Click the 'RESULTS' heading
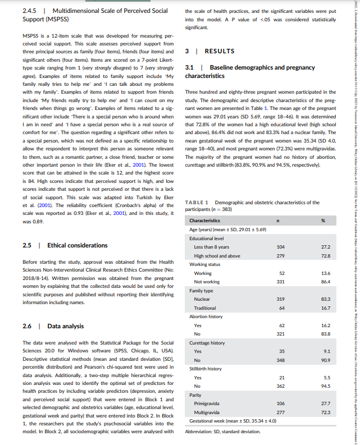[x=219, y=51]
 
